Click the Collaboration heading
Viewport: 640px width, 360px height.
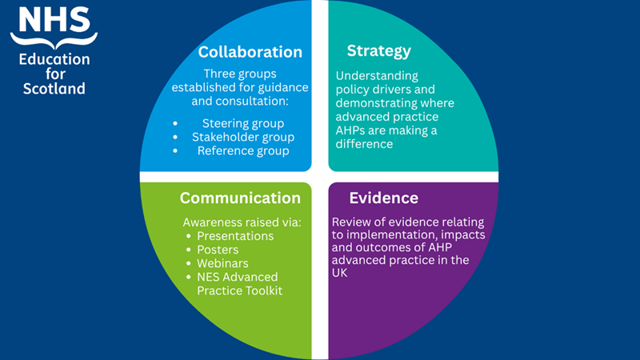(x=250, y=53)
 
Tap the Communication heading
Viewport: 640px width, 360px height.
(x=240, y=198)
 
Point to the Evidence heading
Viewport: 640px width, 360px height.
(x=383, y=198)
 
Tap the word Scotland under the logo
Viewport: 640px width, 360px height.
(x=54, y=89)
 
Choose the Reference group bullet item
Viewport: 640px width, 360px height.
(x=243, y=150)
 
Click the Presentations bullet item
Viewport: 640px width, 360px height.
(x=235, y=236)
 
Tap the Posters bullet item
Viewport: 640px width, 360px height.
(x=218, y=250)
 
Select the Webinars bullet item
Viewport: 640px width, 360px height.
(x=222, y=263)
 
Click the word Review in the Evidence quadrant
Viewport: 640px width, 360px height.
(x=353, y=221)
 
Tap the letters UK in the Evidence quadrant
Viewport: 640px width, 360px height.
(x=342, y=274)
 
